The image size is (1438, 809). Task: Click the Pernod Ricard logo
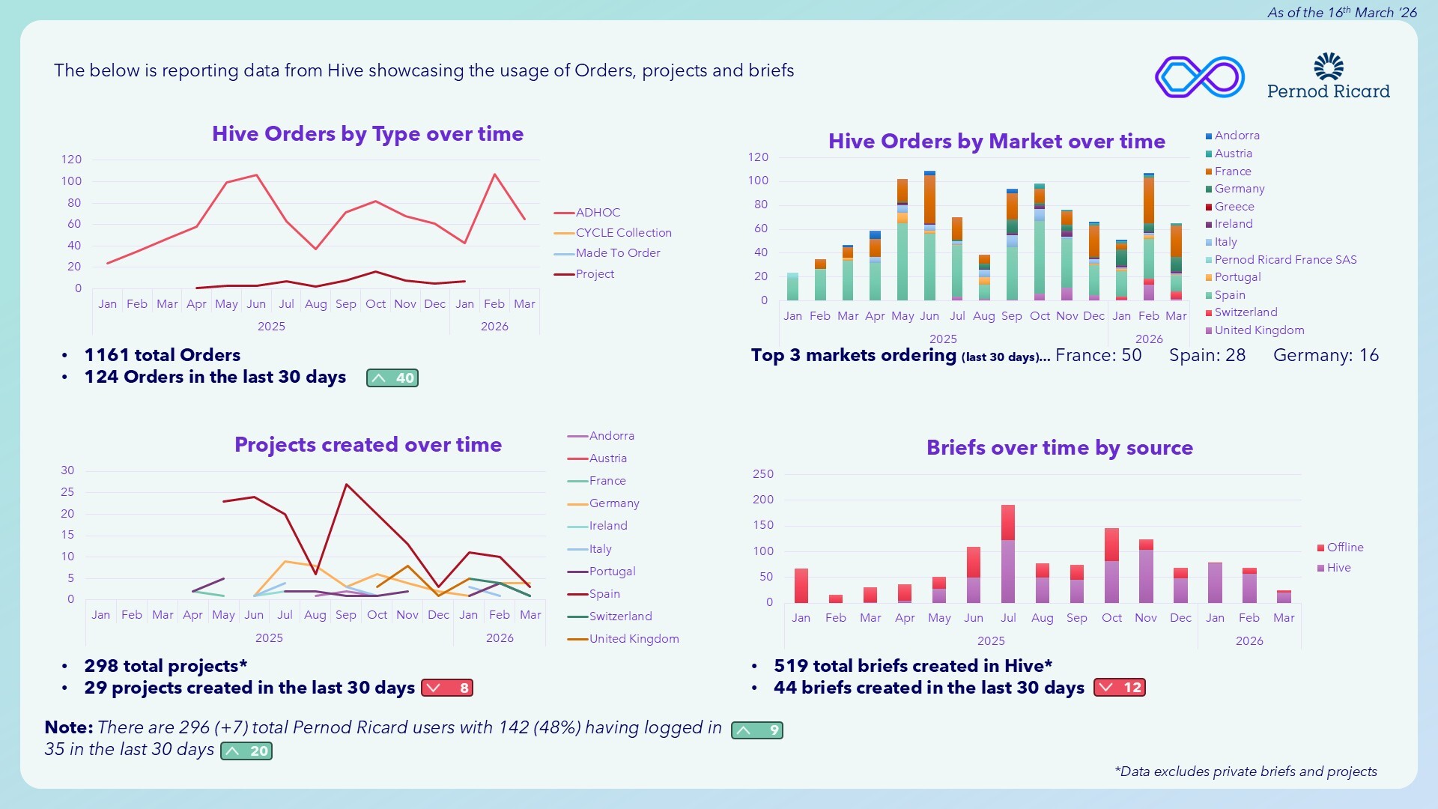pyautogui.click(x=1328, y=76)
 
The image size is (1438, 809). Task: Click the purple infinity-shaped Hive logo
pyautogui.click(x=1200, y=76)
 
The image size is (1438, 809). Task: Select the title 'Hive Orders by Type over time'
pyautogui.click(x=368, y=134)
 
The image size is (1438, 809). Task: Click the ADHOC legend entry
pyautogui.click(x=597, y=213)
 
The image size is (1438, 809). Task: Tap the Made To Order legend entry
pyautogui.click(x=617, y=253)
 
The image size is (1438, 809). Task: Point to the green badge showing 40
pyautogui.click(x=392, y=378)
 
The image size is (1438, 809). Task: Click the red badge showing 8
pyautogui.click(x=447, y=688)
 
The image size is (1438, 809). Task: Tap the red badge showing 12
pyautogui.click(x=1120, y=688)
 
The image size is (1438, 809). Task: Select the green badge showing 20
pyautogui.click(x=246, y=751)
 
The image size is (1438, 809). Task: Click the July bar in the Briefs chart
pyautogui.click(x=1008, y=554)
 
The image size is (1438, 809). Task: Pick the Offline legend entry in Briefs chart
pyautogui.click(x=1344, y=548)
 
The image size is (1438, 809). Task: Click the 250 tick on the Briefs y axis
pyautogui.click(x=763, y=474)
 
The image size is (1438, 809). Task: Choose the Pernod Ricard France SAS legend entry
pyautogui.click(x=1284, y=260)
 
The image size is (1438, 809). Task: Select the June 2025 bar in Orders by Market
pyautogui.click(x=929, y=236)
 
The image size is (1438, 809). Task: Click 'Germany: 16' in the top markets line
pyautogui.click(x=1326, y=356)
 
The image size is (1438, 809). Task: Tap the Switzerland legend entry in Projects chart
pyautogui.click(x=620, y=616)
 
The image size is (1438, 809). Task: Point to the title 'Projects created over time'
pyautogui.click(x=368, y=445)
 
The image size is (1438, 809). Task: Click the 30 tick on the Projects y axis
pyautogui.click(x=67, y=470)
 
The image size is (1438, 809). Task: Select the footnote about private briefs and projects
pyautogui.click(x=1246, y=772)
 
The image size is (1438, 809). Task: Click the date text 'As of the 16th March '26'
pyautogui.click(x=1341, y=13)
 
